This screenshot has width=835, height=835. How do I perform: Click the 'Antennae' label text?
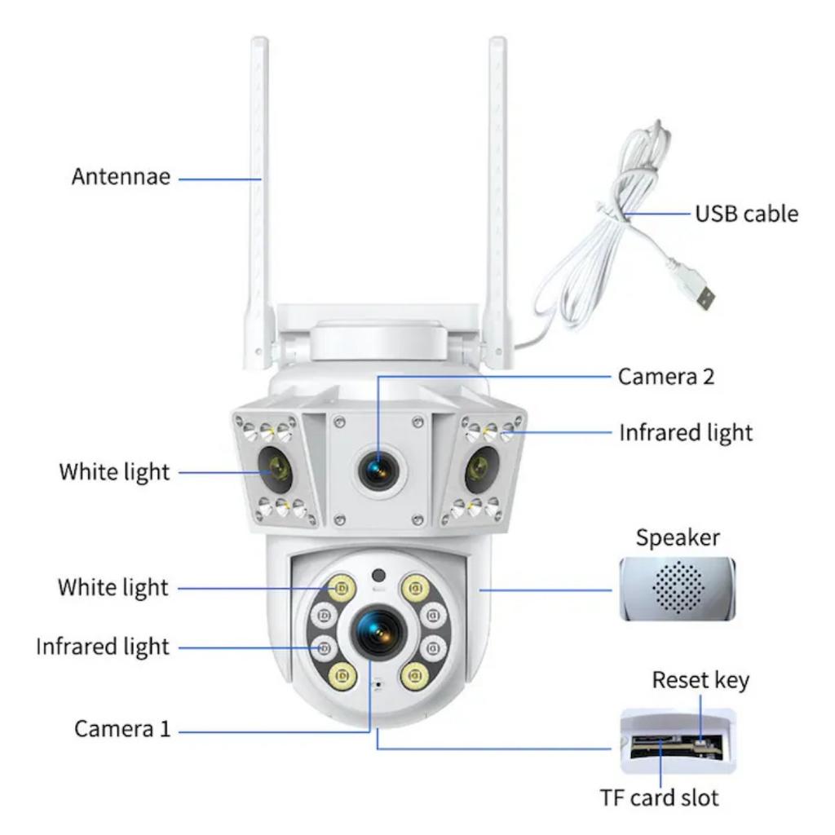pos(121,177)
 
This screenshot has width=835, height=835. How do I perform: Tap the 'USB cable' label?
pos(746,214)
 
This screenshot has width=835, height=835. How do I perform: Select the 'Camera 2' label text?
pos(666,377)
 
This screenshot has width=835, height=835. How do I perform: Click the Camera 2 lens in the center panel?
pos(378,471)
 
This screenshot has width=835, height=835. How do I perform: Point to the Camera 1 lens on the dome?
pos(378,631)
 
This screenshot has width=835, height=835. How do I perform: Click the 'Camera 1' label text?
pos(123,729)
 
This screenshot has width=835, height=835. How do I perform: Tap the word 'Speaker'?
pos(678,538)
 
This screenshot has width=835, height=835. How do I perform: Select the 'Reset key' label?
pos(700,680)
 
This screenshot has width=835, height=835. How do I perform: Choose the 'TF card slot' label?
pos(660,797)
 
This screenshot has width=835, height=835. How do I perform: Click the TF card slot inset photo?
pos(677,740)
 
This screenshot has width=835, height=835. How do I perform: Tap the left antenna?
pos(259,196)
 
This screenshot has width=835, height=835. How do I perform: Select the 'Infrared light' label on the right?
pos(686,432)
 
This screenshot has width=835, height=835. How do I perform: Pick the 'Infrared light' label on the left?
pos(103,647)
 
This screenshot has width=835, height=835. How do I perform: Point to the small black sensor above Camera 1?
pos(377,574)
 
